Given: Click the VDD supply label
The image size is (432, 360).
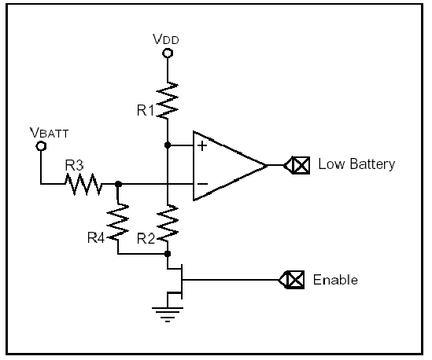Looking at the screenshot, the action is point(166,39).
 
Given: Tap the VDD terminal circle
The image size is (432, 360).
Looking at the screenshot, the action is point(168,53).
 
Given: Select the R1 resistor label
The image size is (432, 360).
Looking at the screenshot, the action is point(146,111).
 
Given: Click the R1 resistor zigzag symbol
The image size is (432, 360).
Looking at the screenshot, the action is point(168,101).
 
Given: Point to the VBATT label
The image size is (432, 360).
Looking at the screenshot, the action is point(49,133).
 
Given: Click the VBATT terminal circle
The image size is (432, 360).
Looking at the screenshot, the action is point(41,146).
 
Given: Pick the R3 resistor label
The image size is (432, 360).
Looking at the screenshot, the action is point(75,165).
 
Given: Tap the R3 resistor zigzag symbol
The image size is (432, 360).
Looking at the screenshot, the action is point(83,184).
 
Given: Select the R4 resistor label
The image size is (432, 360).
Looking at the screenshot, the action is point(96,238).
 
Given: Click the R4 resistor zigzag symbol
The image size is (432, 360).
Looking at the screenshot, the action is point(118,222).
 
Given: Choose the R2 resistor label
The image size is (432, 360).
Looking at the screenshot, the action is point(146,239).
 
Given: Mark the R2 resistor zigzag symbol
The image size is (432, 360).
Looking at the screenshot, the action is point(168,223).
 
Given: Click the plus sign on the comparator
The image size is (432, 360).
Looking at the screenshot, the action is point(202,145).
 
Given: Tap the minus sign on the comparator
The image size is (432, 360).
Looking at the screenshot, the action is point(202,184).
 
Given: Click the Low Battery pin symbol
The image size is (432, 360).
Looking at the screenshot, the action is point(297,165).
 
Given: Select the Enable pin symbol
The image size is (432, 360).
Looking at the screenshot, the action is point(291,280).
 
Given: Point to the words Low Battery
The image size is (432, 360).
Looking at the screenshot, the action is point(356,164).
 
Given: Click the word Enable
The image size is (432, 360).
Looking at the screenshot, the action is point(335,280).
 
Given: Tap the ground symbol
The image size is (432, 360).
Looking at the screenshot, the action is point(168,314).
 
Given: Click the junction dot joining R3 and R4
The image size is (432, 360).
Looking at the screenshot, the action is point(118,184).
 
